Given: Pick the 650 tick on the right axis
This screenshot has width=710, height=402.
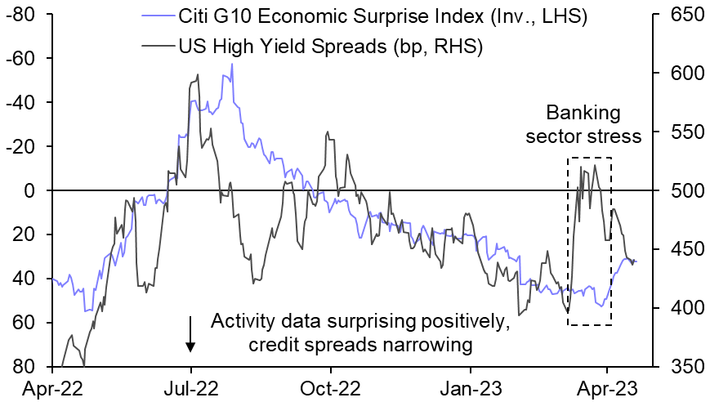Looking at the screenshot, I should [680, 15].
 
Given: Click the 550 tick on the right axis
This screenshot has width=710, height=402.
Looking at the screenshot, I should [680, 132].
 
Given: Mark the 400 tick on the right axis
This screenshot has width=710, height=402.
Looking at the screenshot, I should [680, 308].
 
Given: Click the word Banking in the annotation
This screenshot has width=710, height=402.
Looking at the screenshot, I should [584, 112].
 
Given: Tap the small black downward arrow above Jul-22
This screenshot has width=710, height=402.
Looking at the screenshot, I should [190, 335].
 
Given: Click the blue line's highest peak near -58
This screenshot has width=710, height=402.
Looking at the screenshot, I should [232, 64].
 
